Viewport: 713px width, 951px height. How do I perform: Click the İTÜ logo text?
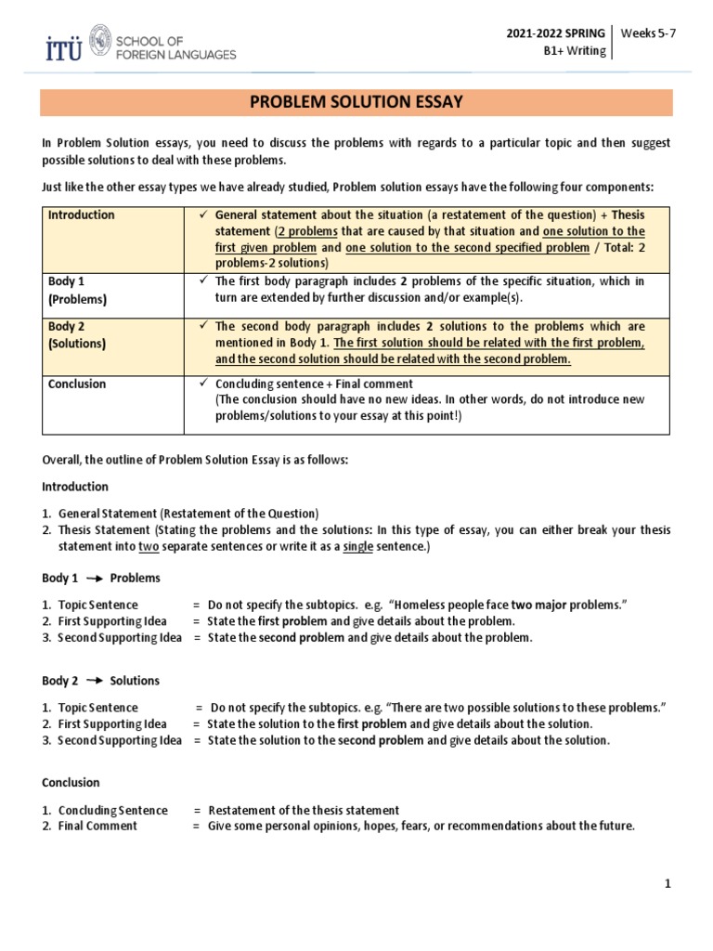[63, 47]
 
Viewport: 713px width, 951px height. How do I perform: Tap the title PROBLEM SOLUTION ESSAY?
[356, 101]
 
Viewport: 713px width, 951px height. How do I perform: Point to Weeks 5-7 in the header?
[648, 33]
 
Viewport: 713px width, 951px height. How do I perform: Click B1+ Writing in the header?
[574, 51]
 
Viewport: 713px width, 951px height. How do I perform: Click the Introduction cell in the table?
[82, 215]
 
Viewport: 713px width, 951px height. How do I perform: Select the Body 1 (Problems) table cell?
[79, 290]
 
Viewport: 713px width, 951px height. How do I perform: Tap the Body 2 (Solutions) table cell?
[79, 334]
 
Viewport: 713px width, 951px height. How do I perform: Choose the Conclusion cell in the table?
[77, 384]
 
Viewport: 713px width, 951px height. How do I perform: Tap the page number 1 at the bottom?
[667, 884]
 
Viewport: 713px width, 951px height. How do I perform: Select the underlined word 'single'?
[357, 547]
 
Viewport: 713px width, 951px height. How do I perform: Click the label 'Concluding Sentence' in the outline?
[112, 811]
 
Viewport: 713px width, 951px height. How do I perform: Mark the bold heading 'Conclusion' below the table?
[71, 783]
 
